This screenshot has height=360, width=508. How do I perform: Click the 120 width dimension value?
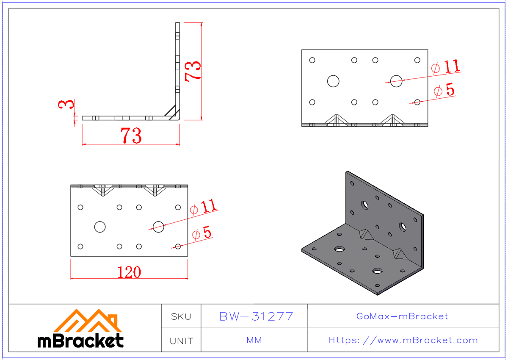pos(129,272)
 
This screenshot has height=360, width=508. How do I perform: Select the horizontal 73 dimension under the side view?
pos(131,136)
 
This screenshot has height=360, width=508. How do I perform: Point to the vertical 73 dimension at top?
pos(193,70)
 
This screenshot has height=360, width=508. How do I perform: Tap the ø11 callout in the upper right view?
pos(445,67)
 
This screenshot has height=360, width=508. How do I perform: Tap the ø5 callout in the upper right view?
pos(444,90)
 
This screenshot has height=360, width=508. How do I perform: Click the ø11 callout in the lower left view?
pos(204,207)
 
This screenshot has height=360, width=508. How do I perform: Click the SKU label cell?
pos(181,316)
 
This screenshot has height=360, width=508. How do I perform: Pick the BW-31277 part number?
pos(256,316)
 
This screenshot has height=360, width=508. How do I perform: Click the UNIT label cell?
pos(181,341)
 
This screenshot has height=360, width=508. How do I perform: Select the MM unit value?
pos(254,341)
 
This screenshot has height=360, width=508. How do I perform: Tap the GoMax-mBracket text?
pos(402,316)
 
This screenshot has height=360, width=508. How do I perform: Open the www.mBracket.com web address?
pos(403,341)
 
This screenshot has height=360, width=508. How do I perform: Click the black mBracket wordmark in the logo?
pos(80,341)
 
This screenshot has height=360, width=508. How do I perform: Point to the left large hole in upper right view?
pos(333,81)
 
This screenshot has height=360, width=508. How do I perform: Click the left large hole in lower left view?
pos(100,227)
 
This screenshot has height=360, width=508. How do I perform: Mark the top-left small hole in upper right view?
pos(312,60)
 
